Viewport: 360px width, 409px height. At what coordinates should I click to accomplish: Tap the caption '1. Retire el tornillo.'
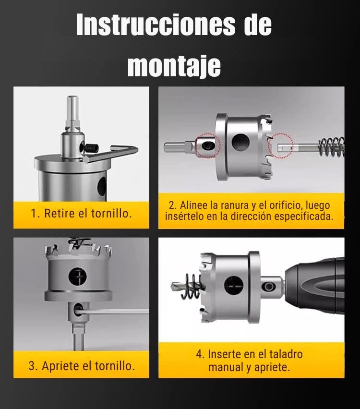[x=81, y=214]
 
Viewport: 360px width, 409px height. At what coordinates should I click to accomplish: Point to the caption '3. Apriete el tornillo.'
[x=81, y=366]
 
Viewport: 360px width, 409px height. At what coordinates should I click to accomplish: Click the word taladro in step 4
[x=284, y=355]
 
